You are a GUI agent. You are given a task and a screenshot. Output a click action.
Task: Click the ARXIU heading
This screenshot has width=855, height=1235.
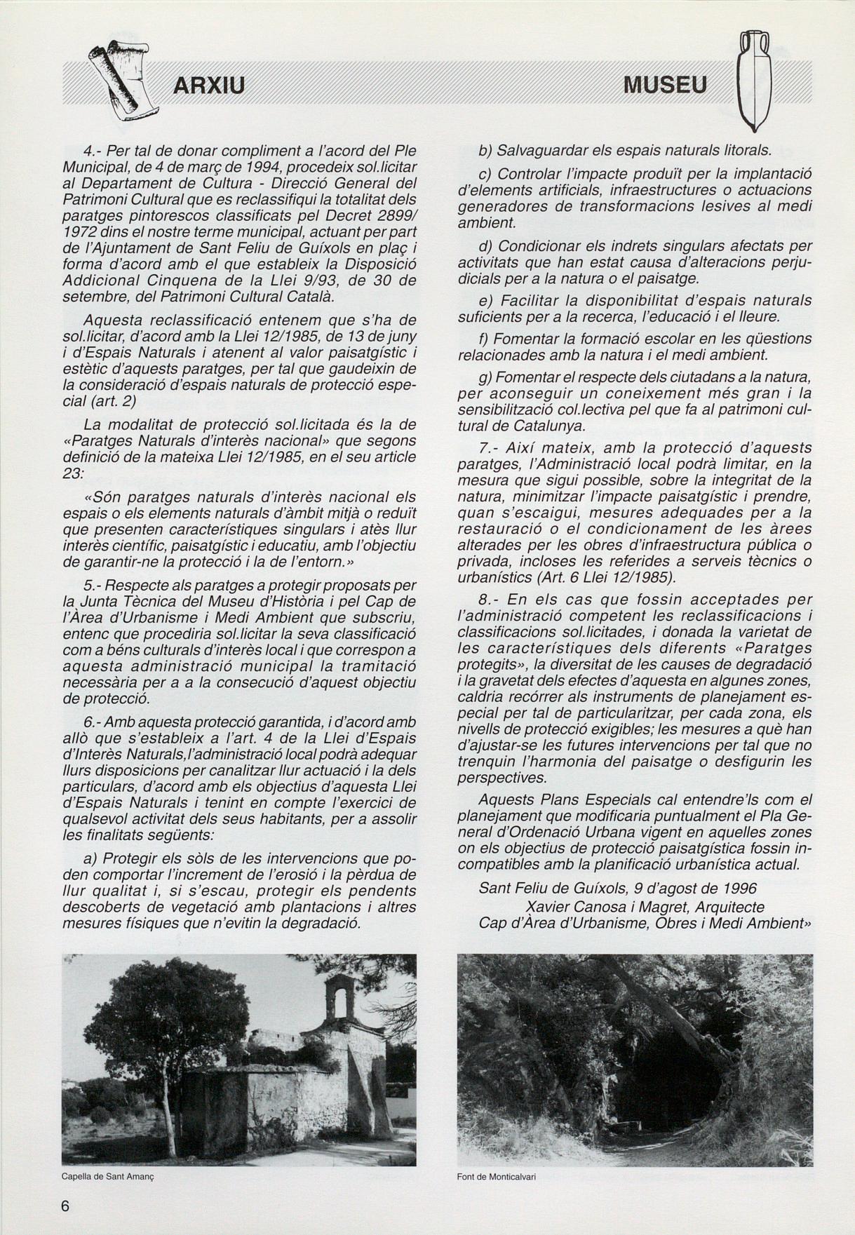[x=208, y=86]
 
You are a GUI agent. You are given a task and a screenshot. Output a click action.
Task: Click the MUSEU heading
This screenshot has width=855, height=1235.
[x=664, y=86]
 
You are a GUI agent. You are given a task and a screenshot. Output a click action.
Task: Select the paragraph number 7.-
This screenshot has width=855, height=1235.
[x=489, y=447]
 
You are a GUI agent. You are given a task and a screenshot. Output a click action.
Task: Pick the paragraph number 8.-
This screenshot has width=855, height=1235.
[x=488, y=600]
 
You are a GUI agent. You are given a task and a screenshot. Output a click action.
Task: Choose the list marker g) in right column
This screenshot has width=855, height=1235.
[x=486, y=378]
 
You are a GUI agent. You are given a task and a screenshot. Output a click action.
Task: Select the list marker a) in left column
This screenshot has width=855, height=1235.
[x=90, y=858]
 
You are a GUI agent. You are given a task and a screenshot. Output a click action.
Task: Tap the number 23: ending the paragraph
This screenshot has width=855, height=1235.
[x=73, y=473]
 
